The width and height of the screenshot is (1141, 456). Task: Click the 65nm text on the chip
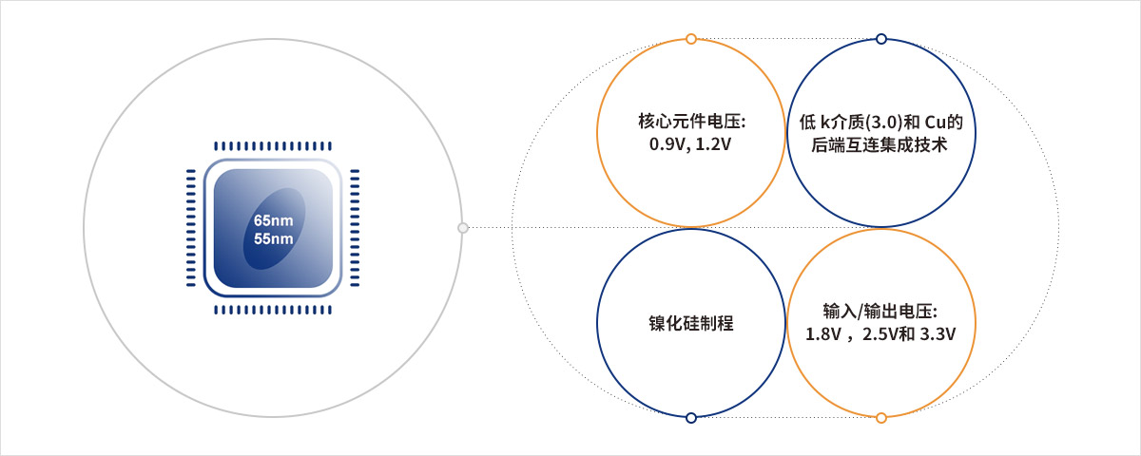click(x=274, y=220)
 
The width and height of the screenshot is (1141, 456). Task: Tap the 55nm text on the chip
click(x=274, y=238)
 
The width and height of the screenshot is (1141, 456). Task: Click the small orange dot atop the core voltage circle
click(x=690, y=39)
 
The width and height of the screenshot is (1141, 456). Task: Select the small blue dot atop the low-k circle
click(x=881, y=39)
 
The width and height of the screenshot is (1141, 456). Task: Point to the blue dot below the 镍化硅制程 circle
click(x=690, y=418)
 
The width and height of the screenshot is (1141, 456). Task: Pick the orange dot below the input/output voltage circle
click(x=881, y=418)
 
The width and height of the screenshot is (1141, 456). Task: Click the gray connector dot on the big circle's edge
click(x=462, y=227)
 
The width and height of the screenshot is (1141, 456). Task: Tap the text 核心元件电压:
click(x=692, y=122)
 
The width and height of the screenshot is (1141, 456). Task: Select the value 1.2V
click(x=713, y=144)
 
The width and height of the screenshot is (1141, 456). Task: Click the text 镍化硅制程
click(x=690, y=323)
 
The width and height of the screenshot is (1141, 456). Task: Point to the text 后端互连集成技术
click(x=880, y=145)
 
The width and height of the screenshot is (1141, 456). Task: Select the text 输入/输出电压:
click(x=880, y=311)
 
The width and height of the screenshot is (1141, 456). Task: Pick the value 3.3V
click(x=938, y=334)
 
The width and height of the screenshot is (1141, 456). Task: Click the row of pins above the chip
click(x=273, y=146)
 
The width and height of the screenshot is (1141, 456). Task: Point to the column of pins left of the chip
click(x=191, y=227)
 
